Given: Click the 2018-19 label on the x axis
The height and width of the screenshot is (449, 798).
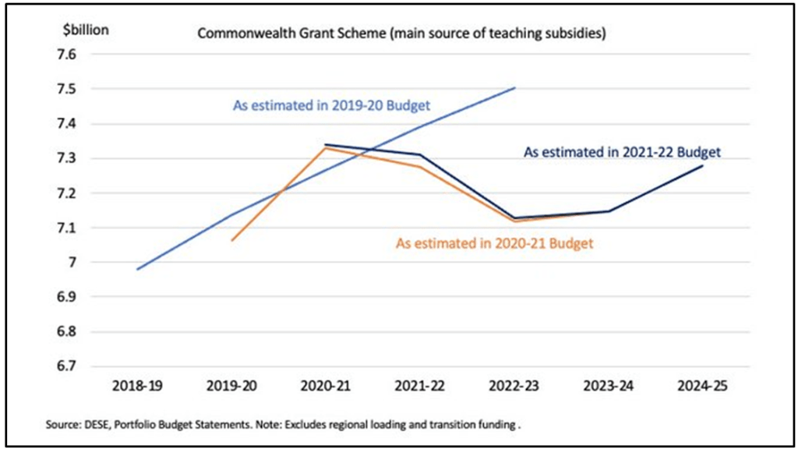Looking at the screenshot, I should [x=138, y=387].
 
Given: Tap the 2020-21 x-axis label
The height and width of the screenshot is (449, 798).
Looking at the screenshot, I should [x=326, y=387].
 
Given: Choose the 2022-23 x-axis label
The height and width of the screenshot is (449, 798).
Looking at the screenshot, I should [x=513, y=387].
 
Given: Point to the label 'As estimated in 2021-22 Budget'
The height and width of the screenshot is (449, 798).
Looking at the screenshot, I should [x=622, y=153].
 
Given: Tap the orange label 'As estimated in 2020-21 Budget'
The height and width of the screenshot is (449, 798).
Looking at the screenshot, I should [x=495, y=243].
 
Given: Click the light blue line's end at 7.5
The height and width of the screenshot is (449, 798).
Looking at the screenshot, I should [x=514, y=88].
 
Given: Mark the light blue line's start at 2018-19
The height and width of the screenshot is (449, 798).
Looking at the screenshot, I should [x=137, y=269].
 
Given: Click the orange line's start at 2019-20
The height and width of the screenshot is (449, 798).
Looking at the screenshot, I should [x=231, y=240].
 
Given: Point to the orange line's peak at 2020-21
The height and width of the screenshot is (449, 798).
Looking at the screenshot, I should [x=326, y=147].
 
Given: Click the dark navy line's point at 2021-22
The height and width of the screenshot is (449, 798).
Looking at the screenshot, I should [x=420, y=154].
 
